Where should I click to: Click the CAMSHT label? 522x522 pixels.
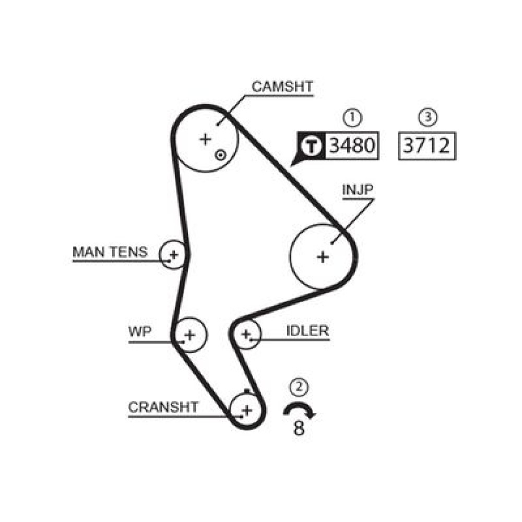pos(282,87)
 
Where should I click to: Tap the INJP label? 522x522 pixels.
pos(358,190)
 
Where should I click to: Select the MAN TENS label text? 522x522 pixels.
pos(110,252)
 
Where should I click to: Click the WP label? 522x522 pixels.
pos(140,331)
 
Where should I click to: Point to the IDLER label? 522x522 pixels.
pos(307,331)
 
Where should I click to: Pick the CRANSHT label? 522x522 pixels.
pos(163,407)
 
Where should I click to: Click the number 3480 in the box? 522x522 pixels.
pos(352,146)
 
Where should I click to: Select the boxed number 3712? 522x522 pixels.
pos(426,146)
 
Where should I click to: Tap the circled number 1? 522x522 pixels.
pos(352,117)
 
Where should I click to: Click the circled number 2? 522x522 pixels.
pos(299,387)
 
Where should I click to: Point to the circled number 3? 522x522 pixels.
pos(428,117)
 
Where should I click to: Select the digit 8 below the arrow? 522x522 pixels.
pos(299,428)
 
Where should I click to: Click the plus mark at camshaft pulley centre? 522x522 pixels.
pos(205,139)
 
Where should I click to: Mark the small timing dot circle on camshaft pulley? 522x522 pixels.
pos(220,155)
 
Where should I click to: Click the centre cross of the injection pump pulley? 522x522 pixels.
pos(323,257)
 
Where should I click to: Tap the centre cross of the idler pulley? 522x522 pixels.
pos(246,334)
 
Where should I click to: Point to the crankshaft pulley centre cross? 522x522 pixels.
pos(247,410)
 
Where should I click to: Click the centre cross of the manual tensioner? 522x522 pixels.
pos(174,255)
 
